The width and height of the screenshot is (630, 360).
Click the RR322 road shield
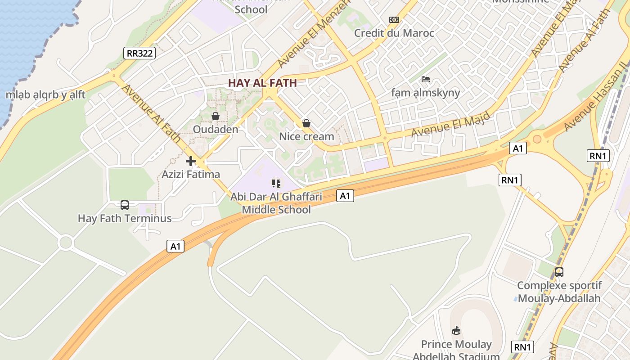point(139,53)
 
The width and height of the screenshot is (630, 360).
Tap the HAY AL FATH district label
point(262,83)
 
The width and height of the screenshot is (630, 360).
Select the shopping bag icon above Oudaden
point(216,116)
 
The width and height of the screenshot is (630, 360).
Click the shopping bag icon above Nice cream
point(306,123)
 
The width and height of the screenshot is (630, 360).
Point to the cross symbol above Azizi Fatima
point(191,161)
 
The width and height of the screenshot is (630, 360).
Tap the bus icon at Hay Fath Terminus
point(125,205)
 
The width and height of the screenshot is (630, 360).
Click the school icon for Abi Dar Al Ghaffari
point(276,183)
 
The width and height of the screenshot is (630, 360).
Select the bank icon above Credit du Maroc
point(394,20)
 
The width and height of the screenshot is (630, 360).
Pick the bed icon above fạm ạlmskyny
point(426,80)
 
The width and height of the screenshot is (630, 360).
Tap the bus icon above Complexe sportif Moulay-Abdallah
point(559,272)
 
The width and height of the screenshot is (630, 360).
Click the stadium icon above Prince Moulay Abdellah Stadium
point(456,331)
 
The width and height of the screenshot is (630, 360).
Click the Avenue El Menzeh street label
point(314,34)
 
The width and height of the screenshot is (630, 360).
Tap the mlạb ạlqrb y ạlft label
point(45,95)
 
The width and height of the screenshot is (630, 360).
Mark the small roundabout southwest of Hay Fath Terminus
point(66,243)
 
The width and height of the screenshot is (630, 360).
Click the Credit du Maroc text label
point(394,33)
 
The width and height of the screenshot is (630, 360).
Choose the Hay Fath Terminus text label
point(125,219)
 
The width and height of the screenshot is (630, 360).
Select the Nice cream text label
point(306,136)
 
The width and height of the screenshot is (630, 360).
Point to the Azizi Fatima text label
point(191,174)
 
